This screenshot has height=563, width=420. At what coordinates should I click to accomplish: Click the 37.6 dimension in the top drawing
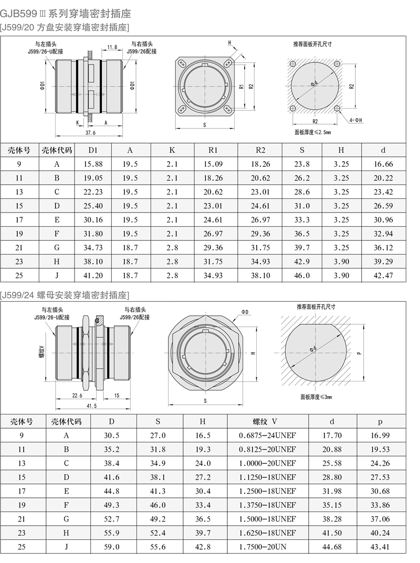click(x=90, y=133)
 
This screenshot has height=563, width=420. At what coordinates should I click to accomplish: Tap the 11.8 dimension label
click(x=112, y=47)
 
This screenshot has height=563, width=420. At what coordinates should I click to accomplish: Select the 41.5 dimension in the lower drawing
click(x=92, y=406)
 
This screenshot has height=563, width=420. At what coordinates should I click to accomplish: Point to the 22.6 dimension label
click(x=77, y=395)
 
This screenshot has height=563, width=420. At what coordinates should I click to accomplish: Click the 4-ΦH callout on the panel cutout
click(x=356, y=120)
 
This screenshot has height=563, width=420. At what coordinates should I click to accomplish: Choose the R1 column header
click(x=213, y=150)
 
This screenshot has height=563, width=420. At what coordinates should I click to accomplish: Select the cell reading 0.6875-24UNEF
click(x=267, y=435)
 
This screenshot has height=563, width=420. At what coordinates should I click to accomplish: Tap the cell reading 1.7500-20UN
click(x=262, y=547)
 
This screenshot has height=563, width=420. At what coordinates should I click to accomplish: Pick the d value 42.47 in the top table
click(x=383, y=276)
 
